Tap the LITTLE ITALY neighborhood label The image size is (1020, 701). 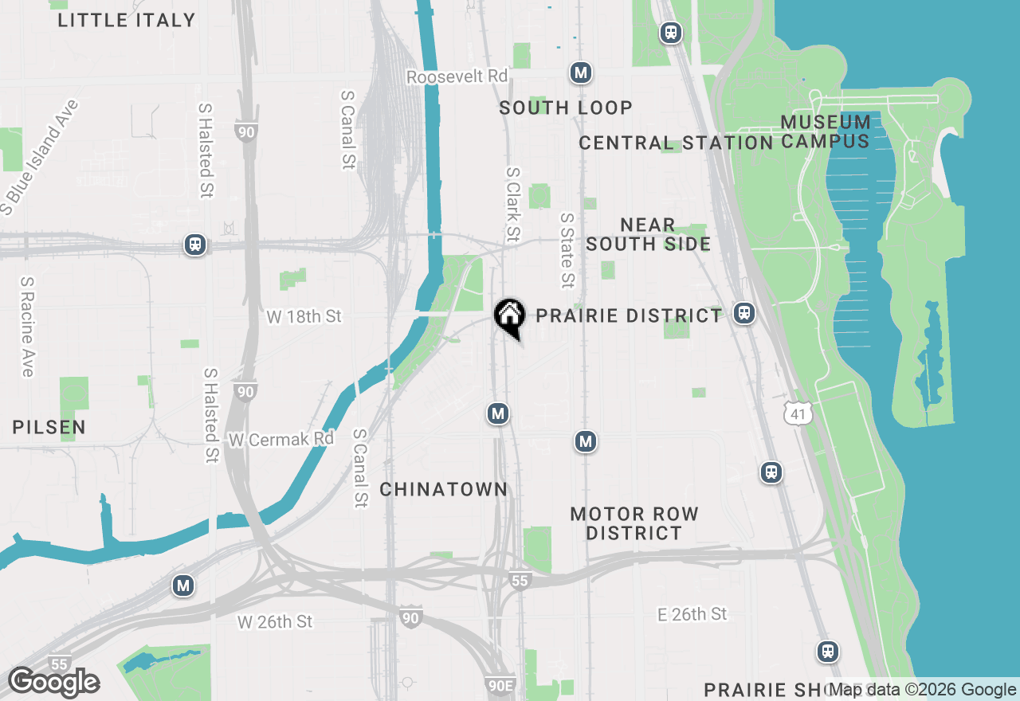127,20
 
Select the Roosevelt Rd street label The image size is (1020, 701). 457,76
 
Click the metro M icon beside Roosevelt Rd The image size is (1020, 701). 581,73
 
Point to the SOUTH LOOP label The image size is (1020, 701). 566,108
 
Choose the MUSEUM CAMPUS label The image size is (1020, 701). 825,131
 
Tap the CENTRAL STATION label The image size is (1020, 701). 676,143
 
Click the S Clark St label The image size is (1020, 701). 512,204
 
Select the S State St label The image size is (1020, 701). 567,249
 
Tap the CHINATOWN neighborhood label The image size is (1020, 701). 443,489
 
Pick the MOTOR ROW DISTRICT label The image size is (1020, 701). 634,523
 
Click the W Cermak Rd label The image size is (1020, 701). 280,439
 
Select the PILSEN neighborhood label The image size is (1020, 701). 49,427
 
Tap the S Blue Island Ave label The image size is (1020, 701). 41,157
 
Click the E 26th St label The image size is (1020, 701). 692,613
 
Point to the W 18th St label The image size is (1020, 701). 304,316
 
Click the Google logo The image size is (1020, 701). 53,682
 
